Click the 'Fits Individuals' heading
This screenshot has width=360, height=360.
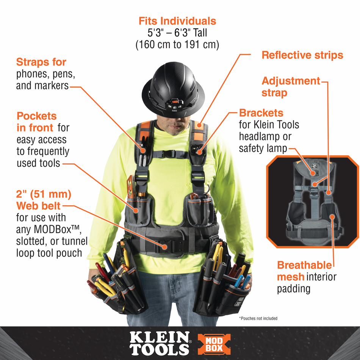(177, 21)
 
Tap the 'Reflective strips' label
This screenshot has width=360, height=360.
(302, 55)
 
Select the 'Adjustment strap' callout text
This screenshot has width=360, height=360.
(291, 87)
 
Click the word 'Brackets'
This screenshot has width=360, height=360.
(261, 113)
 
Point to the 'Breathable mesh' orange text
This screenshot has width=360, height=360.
(304, 271)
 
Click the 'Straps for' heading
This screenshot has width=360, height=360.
(41, 62)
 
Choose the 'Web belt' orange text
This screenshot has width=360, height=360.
(38, 206)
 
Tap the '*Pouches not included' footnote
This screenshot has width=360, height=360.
(258, 318)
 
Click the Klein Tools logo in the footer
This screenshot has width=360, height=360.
(160, 343)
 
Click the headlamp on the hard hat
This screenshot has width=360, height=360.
(174, 105)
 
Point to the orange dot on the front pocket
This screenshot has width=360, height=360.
(136, 210)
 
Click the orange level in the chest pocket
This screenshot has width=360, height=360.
(131, 187)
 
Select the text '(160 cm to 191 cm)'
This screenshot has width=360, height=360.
(177, 44)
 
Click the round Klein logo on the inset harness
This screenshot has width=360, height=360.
(313, 166)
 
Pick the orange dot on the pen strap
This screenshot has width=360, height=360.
(143, 150)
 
